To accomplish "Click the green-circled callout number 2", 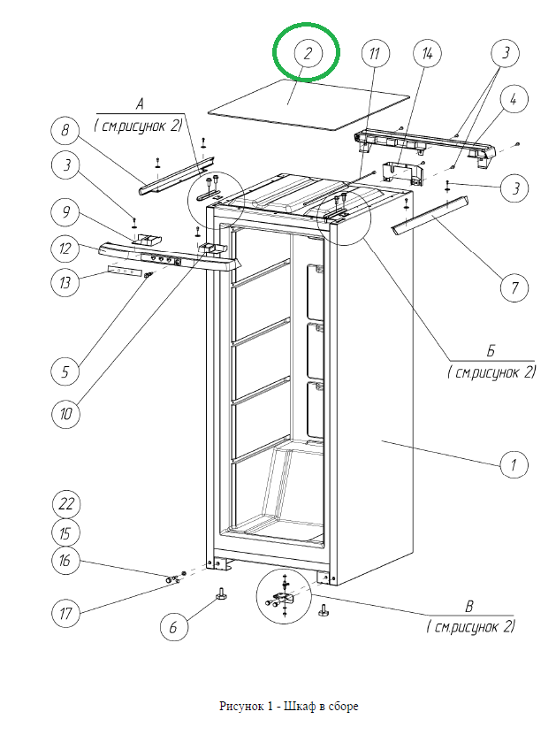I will [308, 53].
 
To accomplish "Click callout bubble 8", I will [66, 132].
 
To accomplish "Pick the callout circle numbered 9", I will [66, 212].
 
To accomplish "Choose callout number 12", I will [66, 249].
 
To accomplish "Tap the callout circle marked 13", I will [66, 283].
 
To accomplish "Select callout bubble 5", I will [66, 372].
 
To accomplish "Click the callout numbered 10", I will [66, 413].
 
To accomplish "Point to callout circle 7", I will [514, 287].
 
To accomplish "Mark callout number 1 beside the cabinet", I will [514, 463].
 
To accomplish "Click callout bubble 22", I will [66, 504].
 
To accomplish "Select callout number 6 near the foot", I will [174, 627].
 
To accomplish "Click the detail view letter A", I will [141, 102].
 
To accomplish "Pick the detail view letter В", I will [469, 606].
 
